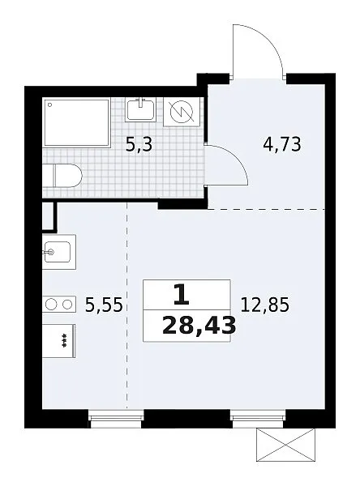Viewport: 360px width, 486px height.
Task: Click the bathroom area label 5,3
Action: [139, 144]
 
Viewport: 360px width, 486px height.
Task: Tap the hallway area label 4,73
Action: [282, 144]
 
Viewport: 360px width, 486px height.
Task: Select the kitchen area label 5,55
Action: [104, 305]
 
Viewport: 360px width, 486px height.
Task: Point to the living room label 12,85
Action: [264, 305]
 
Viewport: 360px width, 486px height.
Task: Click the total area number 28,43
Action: [199, 326]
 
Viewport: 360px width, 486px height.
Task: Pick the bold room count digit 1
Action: [182, 295]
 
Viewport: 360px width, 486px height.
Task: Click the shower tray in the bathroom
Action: [77, 123]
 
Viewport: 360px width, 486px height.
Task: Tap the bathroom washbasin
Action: [140, 109]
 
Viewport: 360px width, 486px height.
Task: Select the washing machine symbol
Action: [182, 112]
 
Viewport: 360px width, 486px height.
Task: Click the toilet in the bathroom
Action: [62, 176]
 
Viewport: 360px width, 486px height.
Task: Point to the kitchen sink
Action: [59, 252]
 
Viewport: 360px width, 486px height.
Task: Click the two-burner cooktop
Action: [59, 304]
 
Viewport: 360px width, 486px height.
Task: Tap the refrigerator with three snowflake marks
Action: [59, 341]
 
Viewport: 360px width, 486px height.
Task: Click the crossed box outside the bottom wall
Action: [285, 445]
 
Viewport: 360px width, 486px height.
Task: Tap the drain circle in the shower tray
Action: [50, 104]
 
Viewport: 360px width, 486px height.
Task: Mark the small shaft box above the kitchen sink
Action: [49, 216]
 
